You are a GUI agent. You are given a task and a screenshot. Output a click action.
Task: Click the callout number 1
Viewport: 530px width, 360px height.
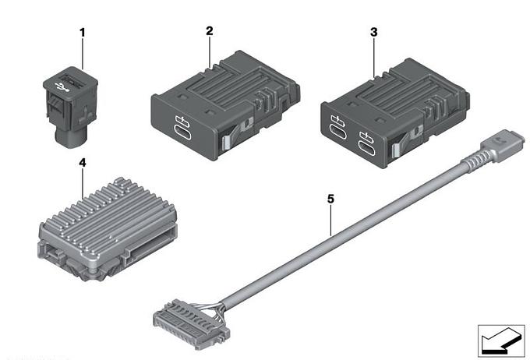tap(82, 33)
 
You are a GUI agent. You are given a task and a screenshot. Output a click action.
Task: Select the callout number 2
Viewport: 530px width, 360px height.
tap(210, 30)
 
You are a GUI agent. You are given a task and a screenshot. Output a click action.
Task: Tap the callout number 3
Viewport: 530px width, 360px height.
tap(373, 32)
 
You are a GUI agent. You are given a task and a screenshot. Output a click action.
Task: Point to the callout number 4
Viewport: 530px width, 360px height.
tap(83, 163)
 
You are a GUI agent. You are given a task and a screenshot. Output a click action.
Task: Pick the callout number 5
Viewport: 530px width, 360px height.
tap(330, 199)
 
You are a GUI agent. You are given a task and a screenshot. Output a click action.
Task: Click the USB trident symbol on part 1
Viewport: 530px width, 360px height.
tap(62, 87)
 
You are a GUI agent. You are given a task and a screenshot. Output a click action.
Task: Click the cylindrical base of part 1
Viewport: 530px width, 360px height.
tap(70, 138)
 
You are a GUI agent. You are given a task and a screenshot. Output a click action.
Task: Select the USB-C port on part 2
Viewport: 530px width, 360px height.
tap(182, 132)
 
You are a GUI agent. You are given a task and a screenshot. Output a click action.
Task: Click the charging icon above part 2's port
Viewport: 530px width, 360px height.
tap(182, 120)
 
